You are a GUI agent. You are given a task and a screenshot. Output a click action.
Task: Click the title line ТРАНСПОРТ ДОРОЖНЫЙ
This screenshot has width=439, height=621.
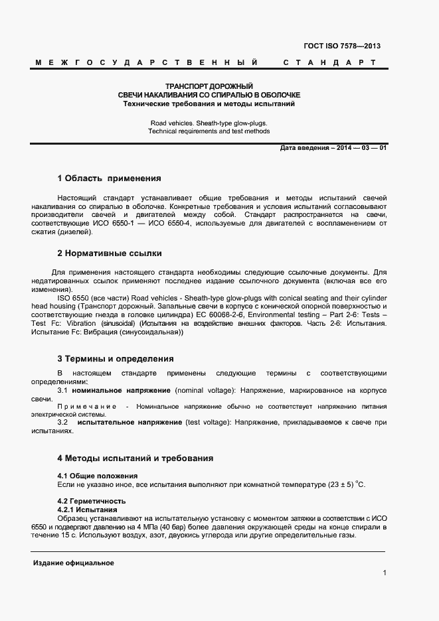pyautogui.click(x=209, y=86)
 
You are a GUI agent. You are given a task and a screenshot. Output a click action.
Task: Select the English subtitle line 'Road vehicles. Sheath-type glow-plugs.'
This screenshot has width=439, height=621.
pyautogui.click(x=209, y=123)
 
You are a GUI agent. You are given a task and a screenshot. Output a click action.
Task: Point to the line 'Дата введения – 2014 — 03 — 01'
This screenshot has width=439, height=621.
pyautogui.click(x=334, y=147)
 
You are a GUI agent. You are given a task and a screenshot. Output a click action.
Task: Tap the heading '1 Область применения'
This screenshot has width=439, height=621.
pyautogui.click(x=109, y=178)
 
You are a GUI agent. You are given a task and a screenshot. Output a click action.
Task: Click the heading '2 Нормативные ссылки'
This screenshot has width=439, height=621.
pyautogui.click(x=109, y=253)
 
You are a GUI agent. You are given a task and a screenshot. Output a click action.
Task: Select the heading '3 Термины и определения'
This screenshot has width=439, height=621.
pyautogui.click(x=116, y=358)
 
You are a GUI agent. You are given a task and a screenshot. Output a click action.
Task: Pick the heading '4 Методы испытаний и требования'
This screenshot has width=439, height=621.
pyautogui.click(x=135, y=458)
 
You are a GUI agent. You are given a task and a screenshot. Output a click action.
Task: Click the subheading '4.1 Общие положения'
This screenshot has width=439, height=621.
pyautogui.click(x=98, y=476)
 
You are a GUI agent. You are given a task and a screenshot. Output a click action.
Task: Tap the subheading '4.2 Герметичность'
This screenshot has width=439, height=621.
pyautogui.click(x=92, y=500)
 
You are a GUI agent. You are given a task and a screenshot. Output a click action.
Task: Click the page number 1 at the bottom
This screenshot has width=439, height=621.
pyautogui.click(x=385, y=573)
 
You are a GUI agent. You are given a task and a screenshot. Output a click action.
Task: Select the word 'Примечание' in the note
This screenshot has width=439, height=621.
pyautogui.click(x=88, y=405)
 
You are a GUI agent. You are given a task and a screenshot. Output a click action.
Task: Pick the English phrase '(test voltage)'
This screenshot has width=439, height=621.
pyautogui.click(x=209, y=422)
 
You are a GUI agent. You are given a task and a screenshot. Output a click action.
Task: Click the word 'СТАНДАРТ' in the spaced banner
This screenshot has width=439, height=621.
pyautogui.click(x=329, y=62)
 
